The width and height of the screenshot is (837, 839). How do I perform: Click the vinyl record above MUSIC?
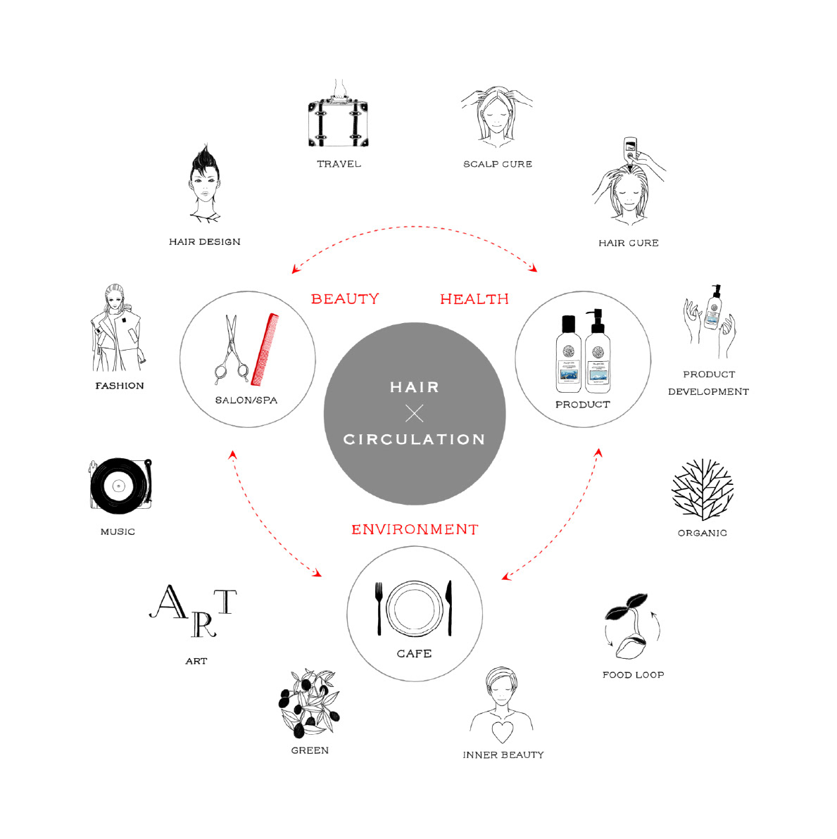click(x=119, y=486)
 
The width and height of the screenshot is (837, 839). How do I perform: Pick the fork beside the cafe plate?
click(x=379, y=607)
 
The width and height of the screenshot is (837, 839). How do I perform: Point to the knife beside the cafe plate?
click(x=450, y=607)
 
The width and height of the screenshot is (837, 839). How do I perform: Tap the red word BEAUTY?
click(x=345, y=299)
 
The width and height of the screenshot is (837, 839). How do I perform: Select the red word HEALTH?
click(x=474, y=299)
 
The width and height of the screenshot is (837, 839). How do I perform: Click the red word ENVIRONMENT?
click(x=415, y=529)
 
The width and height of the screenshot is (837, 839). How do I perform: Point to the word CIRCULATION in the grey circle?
click(x=415, y=439)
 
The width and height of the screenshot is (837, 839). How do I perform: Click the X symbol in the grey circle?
click(x=415, y=413)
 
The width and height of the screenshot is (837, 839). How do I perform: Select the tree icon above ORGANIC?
click(x=703, y=490)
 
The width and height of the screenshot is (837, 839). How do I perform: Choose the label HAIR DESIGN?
click(x=205, y=242)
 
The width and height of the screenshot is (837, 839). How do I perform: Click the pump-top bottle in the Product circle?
click(x=598, y=352)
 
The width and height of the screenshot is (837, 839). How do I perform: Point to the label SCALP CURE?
click(x=498, y=164)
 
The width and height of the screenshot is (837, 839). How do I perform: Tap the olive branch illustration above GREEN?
click(x=309, y=704)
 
